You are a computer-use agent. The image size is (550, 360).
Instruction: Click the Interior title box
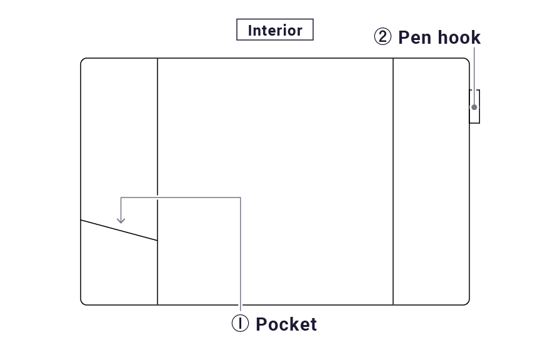[x=274, y=30]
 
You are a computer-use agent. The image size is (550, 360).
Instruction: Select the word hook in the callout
[x=459, y=37]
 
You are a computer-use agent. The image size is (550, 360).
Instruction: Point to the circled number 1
[x=241, y=324]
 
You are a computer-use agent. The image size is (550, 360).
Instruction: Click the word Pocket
[x=286, y=324]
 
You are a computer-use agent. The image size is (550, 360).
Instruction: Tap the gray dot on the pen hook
[x=474, y=107]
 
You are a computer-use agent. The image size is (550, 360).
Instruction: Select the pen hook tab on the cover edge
[x=475, y=106]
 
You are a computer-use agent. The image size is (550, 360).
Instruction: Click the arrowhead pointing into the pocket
[x=121, y=220]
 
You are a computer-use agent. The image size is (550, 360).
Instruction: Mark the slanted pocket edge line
[x=119, y=230]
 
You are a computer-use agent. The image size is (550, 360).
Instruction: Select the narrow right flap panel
[x=431, y=187]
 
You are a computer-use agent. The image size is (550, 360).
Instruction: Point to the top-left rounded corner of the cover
[x=82, y=60]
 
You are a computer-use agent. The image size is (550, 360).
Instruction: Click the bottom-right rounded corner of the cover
[x=467, y=302]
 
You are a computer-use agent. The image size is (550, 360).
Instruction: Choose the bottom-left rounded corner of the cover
[x=82, y=302]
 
